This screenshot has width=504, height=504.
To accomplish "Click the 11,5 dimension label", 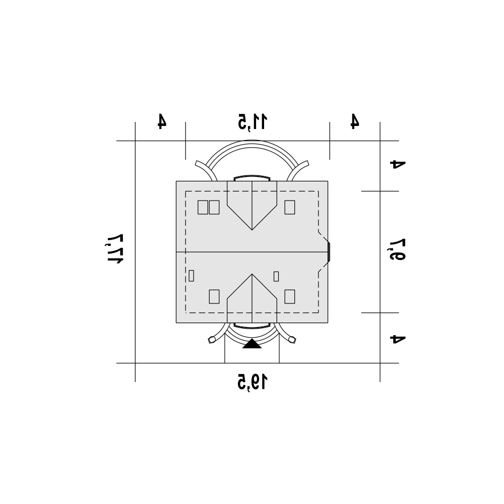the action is click(253, 122).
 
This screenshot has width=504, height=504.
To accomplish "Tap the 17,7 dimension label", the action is click(115, 248).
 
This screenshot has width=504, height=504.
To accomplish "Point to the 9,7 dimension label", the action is click(398, 249).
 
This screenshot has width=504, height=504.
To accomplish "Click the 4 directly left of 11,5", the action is click(162, 121).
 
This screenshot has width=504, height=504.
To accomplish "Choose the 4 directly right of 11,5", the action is click(354, 121).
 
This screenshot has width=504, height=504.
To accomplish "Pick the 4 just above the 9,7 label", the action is click(398, 164).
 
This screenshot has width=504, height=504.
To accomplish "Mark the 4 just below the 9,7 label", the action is click(398, 339).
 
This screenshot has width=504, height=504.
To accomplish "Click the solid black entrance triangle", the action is click(252, 344).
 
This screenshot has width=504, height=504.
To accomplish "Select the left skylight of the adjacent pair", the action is click(203, 207).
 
